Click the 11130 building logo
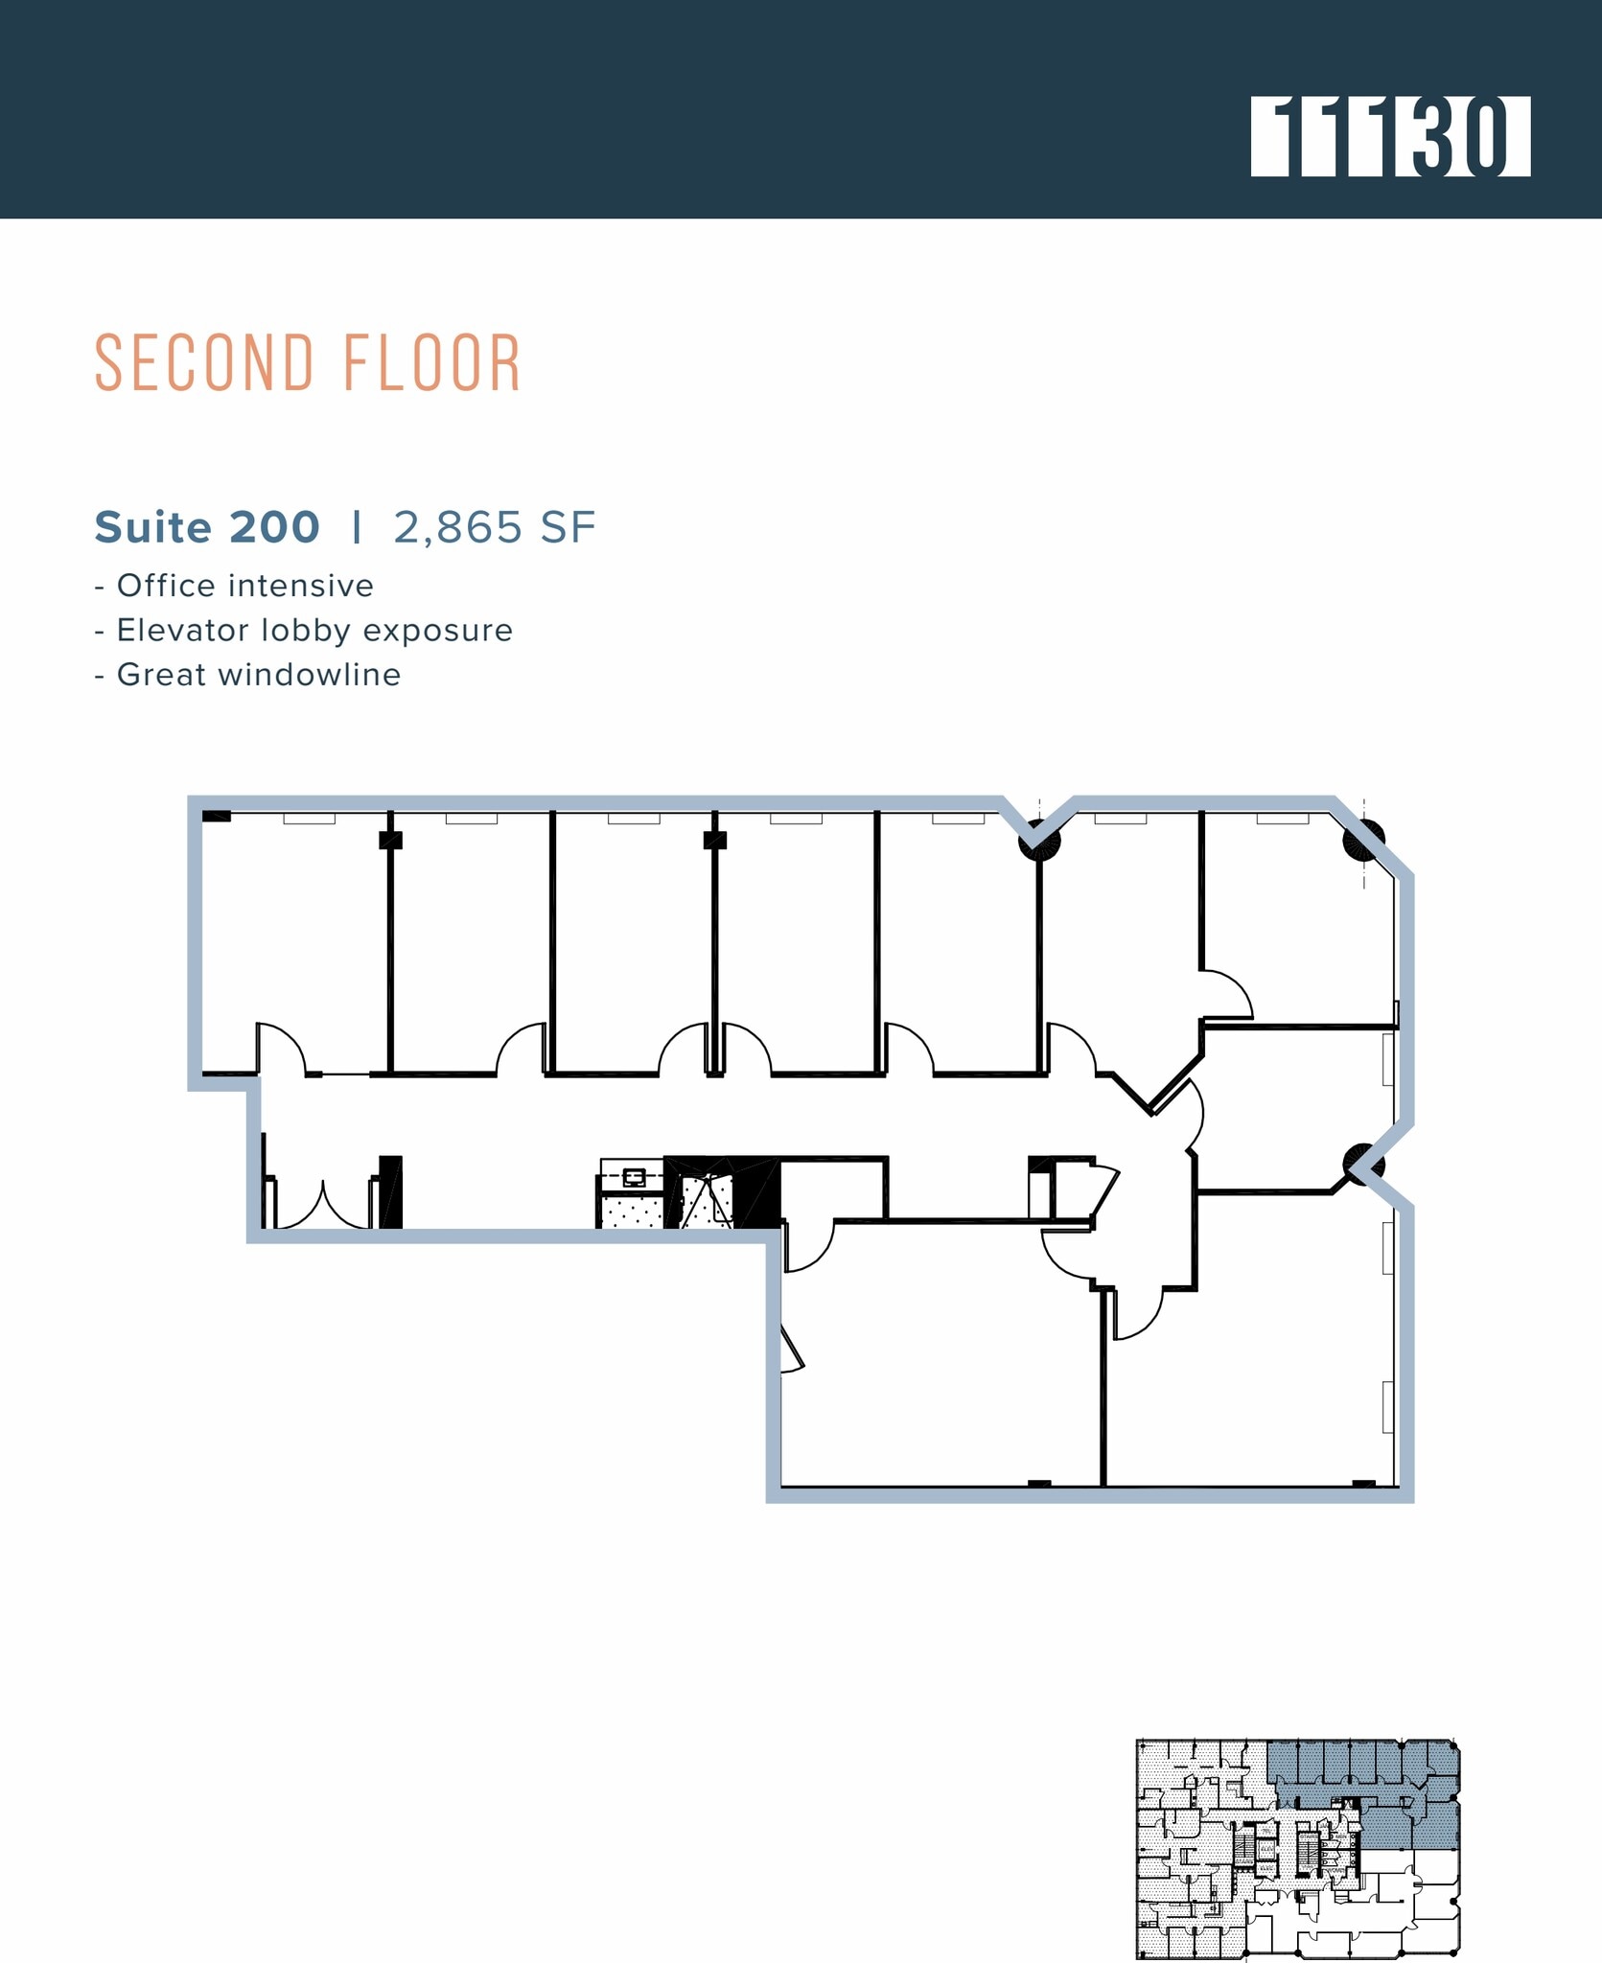pyautogui.click(x=1389, y=136)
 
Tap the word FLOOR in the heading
pyautogui.click(x=431, y=364)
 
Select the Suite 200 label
pyautogui.click(x=207, y=527)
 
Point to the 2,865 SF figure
pyautogui.click(x=495, y=527)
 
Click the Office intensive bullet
pyautogui.click(x=235, y=586)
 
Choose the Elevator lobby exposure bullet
pyautogui.click(x=304, y=630)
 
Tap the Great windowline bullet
pyautogui.click(x=248, y=675)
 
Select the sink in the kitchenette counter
pyautogui.click(x=634, y=1177)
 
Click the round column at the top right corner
pyautogui.click(x=1362, y=841)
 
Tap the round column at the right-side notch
pyautogui.click(x=1362, y=1164)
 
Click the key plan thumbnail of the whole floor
pyautogui.click(x=1297, y=1850)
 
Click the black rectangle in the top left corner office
pyautogui.click(x=217, y=816)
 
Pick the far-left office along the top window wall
pyautogui.click(x=292, y=939)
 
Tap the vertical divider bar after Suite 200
pyautogui.click(x=357, y=527)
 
